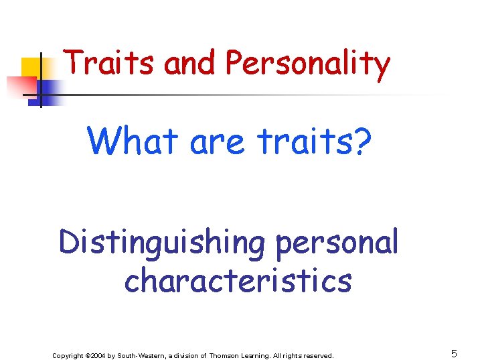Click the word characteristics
238,280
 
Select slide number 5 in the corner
454,354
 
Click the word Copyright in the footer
68,355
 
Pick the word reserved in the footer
318,355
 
